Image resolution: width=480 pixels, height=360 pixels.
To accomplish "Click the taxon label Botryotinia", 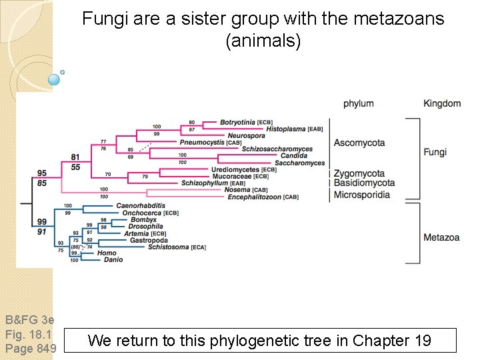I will tap(237, 123).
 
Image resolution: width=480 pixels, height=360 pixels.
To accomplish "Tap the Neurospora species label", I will tap(247, 136).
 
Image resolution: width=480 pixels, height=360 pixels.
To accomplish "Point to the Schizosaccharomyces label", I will tap(277, 149).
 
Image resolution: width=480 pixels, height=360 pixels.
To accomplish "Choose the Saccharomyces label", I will tap(299, 163).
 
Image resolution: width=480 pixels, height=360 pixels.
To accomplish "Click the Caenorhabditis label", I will tap(141, 205).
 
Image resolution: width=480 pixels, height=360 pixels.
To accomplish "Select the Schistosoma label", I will tap(169, 247).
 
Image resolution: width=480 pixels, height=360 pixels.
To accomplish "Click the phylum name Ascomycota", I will tap(359, 143).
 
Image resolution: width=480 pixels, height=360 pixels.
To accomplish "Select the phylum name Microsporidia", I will tap(362, 195).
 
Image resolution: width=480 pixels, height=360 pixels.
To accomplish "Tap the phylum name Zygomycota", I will tap(359, 174).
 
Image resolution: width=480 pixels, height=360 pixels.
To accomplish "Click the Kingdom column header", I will tap(442, 103).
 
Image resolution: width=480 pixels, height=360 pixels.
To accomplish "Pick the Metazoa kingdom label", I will tap(441, 237).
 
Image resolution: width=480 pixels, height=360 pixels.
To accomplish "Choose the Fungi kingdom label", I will tap(435, 152).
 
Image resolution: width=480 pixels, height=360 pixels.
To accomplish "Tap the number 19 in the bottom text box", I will tap(422, 341).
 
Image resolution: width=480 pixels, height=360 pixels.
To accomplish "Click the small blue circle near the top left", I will tap(55, 80).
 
